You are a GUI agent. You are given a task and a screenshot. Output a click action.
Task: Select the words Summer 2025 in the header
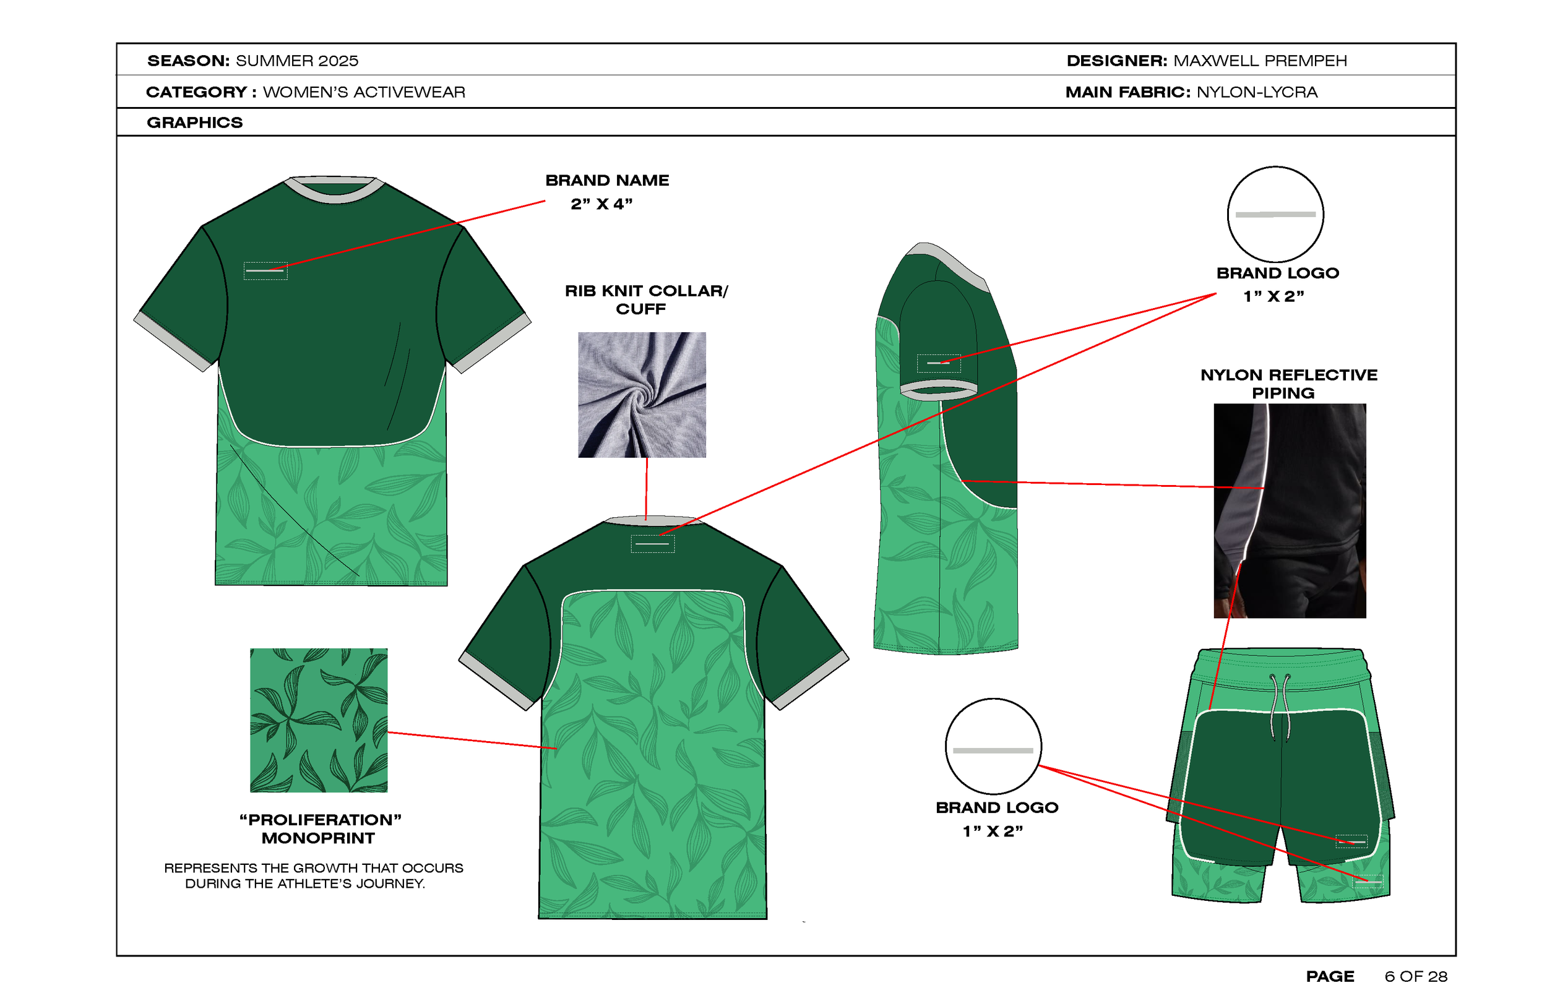(296, 61)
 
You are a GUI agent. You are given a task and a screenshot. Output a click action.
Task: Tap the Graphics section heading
(194, 122)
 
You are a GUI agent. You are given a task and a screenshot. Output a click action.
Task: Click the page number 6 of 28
(1415, 976)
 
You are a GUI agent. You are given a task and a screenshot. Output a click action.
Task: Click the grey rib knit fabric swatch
(642, 395)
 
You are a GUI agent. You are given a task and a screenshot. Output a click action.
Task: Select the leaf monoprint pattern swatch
(319, 720)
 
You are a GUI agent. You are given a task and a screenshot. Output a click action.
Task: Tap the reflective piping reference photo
(1290, 510)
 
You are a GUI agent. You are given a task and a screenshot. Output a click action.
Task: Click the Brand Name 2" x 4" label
(606, 192)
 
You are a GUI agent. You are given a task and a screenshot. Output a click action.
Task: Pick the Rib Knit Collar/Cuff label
(645, 299)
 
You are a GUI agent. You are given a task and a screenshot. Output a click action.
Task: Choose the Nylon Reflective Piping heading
(1288, 384)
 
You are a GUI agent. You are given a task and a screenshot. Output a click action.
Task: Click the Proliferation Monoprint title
(319, 829)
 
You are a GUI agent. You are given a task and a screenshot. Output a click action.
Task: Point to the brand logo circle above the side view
(1275, 214)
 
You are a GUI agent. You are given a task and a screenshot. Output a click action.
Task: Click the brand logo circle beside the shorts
(993, 746)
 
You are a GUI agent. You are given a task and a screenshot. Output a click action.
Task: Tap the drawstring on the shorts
(1280, 707)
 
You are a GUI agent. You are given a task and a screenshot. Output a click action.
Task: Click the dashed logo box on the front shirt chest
(265, 270)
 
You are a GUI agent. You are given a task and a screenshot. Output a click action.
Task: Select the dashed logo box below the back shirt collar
(653, 543)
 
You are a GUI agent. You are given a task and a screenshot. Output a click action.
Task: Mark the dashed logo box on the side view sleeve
(938, 363)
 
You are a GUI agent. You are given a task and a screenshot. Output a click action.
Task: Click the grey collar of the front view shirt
(334, 189)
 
